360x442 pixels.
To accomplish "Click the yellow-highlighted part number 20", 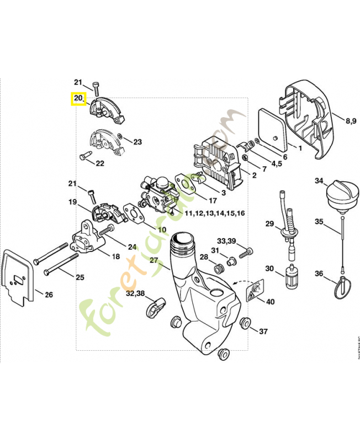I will [78, 99].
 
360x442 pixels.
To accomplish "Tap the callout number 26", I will [49, 294].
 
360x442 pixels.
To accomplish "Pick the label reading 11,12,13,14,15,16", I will [215, 213].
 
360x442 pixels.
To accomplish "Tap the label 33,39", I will [226, 241].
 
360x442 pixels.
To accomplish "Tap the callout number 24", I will [132, 246].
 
